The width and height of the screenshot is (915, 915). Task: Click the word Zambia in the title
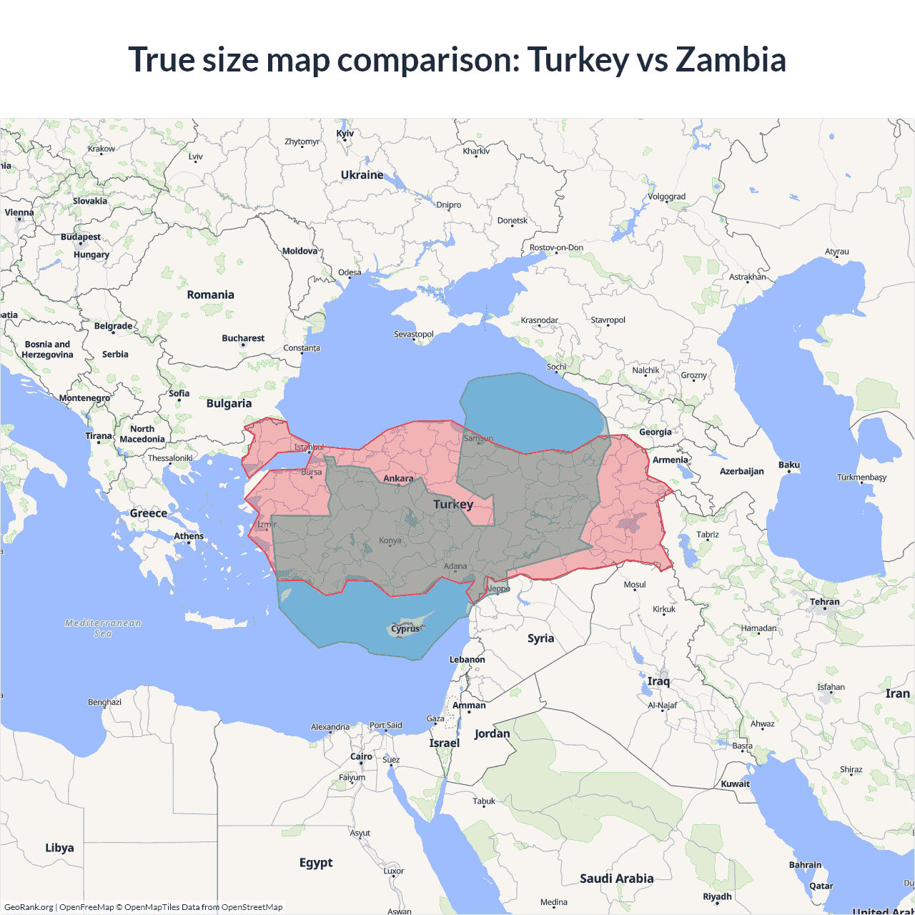pos(731,59)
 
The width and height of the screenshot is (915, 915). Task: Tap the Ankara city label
pos(398,478)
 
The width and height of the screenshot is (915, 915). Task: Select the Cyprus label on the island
pos(405,629)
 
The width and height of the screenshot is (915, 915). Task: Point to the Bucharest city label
pos(243,338)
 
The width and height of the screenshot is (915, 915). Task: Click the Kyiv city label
pos(345,134)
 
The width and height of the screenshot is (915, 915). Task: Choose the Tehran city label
pos(825,602)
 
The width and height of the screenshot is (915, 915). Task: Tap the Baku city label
pos(789,465)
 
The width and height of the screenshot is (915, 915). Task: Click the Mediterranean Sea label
pos(103,628)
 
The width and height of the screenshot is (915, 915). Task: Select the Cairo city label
pos(361,756)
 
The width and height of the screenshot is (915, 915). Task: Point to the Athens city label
pos(189,536)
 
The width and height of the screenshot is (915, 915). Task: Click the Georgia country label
pos(656,432)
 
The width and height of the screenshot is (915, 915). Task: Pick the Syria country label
pos(540,638)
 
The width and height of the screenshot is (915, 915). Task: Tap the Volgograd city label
pos(666,197)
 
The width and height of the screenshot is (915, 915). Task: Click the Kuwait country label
pos(736,783)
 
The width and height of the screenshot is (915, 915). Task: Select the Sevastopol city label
pos(414,334)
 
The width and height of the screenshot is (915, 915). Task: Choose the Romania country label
pos(210,295)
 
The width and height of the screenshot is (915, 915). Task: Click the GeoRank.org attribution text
pos(29,907)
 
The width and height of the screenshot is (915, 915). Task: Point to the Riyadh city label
pos(717,896)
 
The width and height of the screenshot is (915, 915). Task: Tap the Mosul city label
pos(635,584)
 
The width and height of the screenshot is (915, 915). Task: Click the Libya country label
pos(59,848)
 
